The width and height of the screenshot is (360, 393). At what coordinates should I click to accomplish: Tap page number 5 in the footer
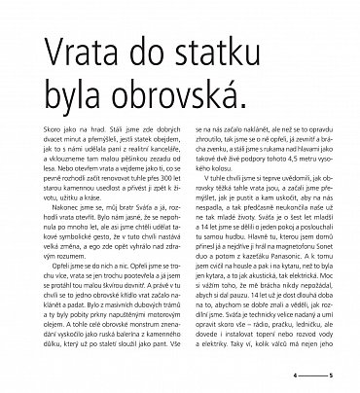[x=332, y=373]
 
